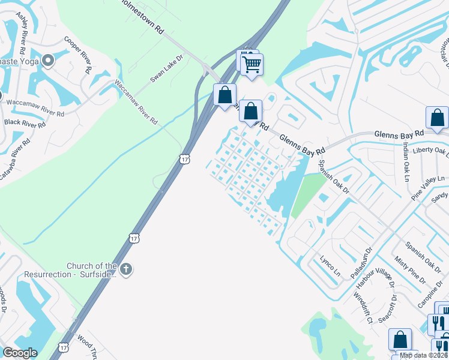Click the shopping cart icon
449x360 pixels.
(253, 63)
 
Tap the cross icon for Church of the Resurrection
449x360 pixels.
(125, 269)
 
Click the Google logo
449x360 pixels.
(20, 353)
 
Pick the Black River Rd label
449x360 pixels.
(25, 124)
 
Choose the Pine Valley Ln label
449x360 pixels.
(427, 183)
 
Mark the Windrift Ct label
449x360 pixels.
(363, 305)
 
